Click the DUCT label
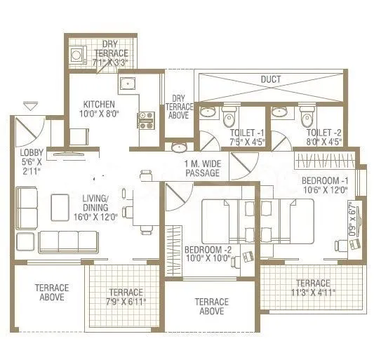coord(270,80)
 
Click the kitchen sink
coord(127,85)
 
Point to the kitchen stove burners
coord(146,121)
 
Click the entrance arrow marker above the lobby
coord(30,107)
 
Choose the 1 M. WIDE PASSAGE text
coord(201,168)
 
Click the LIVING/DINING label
coord(95,203)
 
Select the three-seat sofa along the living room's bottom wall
coord(69,241)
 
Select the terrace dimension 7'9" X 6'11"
coord(126,297)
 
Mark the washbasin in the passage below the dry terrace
coord(178,148)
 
